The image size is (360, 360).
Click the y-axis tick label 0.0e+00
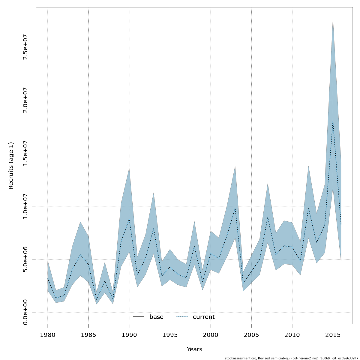point(25,312)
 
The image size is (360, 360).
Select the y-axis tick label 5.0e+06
point(25,259)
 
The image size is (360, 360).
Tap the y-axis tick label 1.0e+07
point(25,206)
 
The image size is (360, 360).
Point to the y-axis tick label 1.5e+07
point(25,153)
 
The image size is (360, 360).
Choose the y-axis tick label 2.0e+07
point(25,100)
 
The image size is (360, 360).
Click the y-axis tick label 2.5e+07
point(25,47)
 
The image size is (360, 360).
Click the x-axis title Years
point(194,349)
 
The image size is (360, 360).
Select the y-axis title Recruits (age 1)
point(11,166)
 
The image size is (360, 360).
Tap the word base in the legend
point(156,317)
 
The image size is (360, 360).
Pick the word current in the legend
point(204,317)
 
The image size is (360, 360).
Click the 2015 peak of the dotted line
point(333,121)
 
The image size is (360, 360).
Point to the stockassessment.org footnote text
point(291,358)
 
